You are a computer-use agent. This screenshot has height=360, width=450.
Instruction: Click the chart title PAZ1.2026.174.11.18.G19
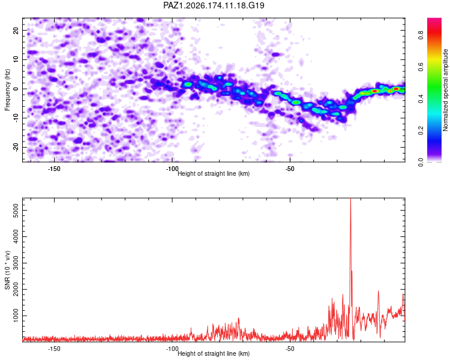(x=214, y=5)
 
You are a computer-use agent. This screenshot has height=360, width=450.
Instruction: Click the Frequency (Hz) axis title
(x=7, y=90)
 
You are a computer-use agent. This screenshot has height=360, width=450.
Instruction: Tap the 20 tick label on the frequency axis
(x=16, y=30)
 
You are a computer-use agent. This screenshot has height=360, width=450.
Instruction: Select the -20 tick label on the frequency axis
(x=16, y=148)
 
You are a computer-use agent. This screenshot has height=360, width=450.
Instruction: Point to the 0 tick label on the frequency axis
(x=16, y=89)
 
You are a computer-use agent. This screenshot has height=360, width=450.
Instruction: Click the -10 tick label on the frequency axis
(x=16, y=118)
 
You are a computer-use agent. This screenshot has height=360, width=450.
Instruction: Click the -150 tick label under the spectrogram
(x=54, y=169)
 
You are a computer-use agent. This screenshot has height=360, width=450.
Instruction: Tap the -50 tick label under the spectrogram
(x=290, y=169)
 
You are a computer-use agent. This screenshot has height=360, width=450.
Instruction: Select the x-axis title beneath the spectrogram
(x=214, y=173)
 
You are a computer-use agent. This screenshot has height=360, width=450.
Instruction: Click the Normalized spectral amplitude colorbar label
(x=445, y=90)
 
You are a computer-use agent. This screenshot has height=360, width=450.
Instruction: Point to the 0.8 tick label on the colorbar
(x=421, y=35)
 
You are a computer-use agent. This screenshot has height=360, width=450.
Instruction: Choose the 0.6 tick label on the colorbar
(x=421, y=67)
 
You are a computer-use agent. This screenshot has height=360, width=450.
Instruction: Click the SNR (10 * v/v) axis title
(x=7, y=270)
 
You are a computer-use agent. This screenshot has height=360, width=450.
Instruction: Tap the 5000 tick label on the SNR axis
(x=16, y=211)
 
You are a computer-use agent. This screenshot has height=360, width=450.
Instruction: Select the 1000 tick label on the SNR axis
(x=16, y=316)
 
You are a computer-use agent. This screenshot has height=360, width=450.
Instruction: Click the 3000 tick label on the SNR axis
(x=16, y=263)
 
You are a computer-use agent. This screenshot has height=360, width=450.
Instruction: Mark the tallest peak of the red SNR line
(x=350, y=199)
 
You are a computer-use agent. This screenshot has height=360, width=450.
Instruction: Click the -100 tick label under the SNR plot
(x=172, y=349)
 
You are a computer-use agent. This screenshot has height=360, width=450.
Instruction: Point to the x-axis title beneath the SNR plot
(x=214, y=353)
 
